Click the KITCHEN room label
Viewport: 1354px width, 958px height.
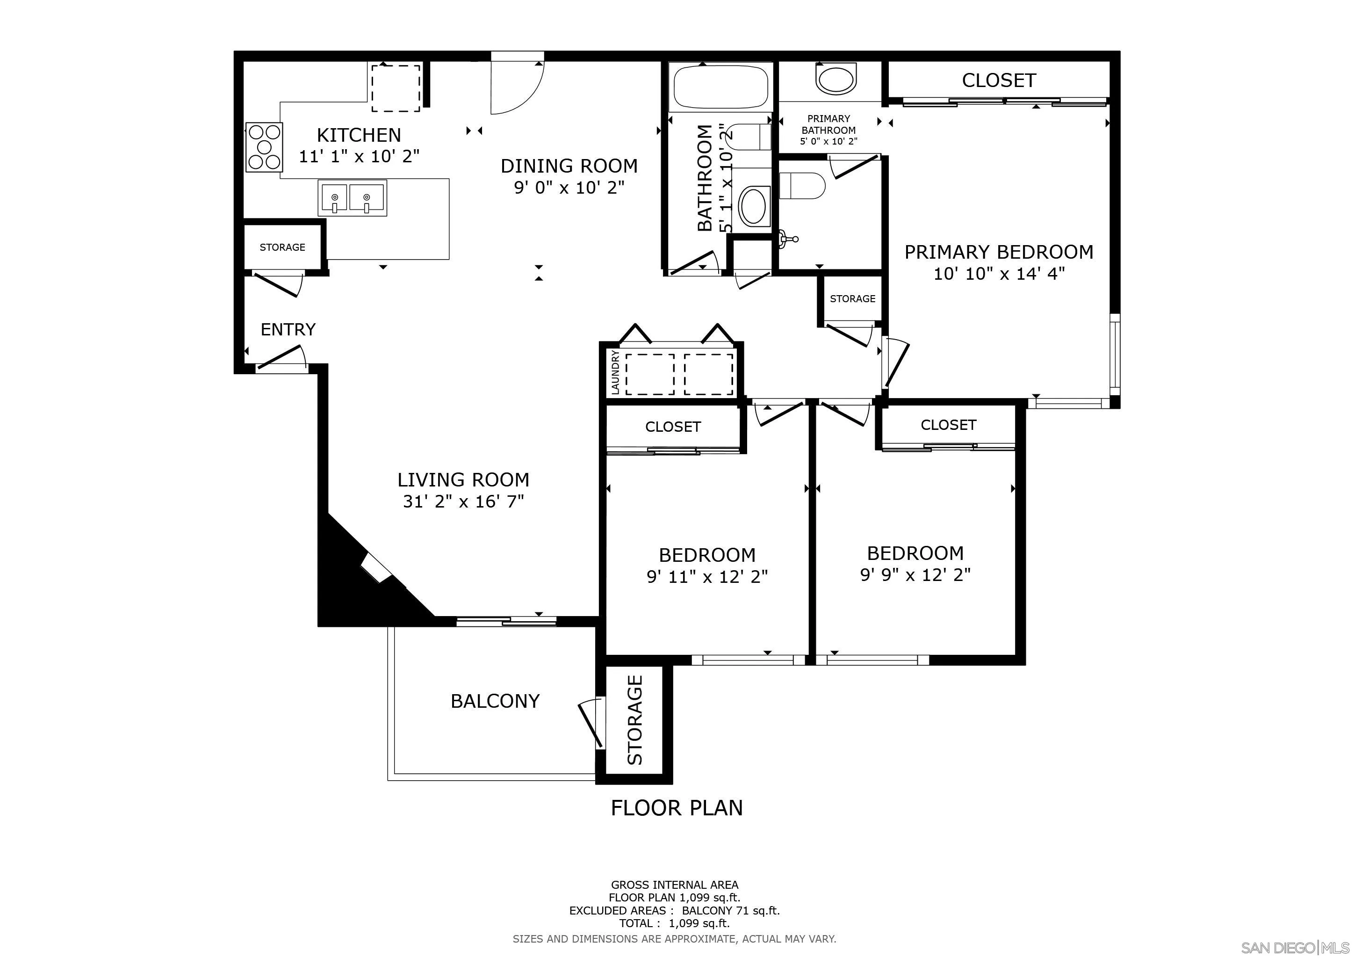(359, 135)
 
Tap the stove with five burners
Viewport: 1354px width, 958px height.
(264, 147)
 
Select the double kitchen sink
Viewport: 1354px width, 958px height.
(353, 198)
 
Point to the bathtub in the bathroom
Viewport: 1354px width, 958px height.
(720, 87)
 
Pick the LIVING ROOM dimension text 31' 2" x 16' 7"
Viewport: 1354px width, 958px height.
(463, 501)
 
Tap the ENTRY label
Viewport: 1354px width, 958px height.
(288, 329)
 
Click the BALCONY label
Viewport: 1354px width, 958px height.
(495, 701)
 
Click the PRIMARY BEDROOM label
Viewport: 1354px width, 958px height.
(998, 253)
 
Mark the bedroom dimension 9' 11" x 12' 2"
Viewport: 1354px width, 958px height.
(707, 576)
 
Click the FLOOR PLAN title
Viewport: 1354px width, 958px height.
(677, 807)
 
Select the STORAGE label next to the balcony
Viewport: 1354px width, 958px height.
(634, 720)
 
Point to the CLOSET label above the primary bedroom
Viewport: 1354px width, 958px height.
(998, 80)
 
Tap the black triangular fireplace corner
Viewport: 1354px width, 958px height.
(354, 584)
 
